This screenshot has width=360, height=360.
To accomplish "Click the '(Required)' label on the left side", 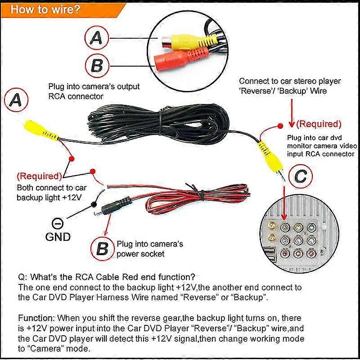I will click(39, 176).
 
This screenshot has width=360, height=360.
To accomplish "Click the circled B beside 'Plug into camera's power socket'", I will click(102, 248).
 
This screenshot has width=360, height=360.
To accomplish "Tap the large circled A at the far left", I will click(16, 101).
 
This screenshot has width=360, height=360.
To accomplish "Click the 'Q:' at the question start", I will click(22, 276).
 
